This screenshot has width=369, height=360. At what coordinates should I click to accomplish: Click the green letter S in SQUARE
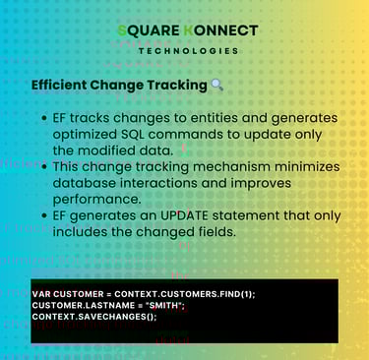click(x=122, y=30)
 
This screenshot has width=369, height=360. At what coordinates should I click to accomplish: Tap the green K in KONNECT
click(x=189, y=30)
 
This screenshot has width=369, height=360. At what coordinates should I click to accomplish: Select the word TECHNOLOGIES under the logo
click(x=188, y=51)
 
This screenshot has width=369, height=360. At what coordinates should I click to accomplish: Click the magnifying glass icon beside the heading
click(x=216, y=86)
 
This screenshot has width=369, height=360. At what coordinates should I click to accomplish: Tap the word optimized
click(x=85, y=135)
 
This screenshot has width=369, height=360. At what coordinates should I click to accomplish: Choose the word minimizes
click(x=307, y=167)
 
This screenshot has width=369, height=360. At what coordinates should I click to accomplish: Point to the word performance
click(x=97, y=200)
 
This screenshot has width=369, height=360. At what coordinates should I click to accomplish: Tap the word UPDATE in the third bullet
click(x=184, y=216)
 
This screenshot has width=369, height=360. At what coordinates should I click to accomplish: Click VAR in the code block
click(x=41, y=294)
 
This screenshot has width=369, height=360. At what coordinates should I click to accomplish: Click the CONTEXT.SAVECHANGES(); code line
click(x=94, y=317)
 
